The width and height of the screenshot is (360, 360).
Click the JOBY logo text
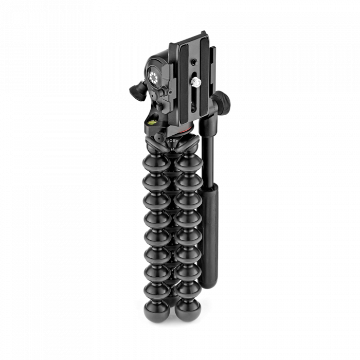click(x=172, y=141)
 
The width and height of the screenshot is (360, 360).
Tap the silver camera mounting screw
click(x=195, y=81)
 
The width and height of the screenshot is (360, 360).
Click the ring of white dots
click(x=153, y=77)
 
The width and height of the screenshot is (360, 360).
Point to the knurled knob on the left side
click(x=137, y=92)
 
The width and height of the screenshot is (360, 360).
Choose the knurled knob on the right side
click(x=222, y=100)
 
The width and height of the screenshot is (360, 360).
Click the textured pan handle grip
click(x=208, y=236)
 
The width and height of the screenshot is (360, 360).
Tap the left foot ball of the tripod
click(x=156, y=312)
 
